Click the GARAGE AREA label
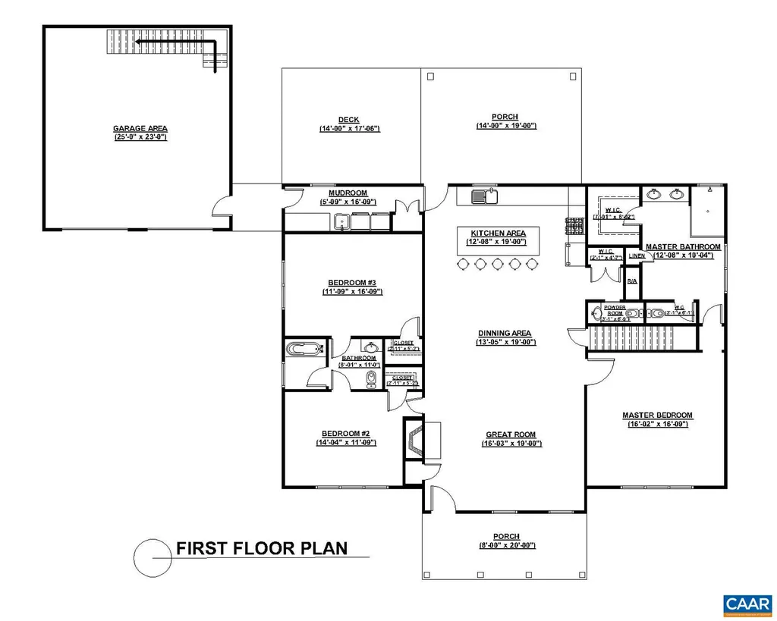(x=140, y=128)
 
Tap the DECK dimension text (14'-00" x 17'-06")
(x=349, y=129)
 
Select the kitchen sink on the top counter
(x=484, y=198)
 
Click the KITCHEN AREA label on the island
(x=498, y=233)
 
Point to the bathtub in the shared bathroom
(x=305, y=350)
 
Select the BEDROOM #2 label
(x=346, y=433)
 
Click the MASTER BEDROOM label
(x=657, y=415)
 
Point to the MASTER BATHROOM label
(x=683, y=246)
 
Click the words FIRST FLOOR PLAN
(x=262, y=548)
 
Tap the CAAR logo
(x=743, y=604)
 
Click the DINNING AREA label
(x=504, y=333)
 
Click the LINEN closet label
(x=637, y=256)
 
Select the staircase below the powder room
(x=641, y=339)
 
